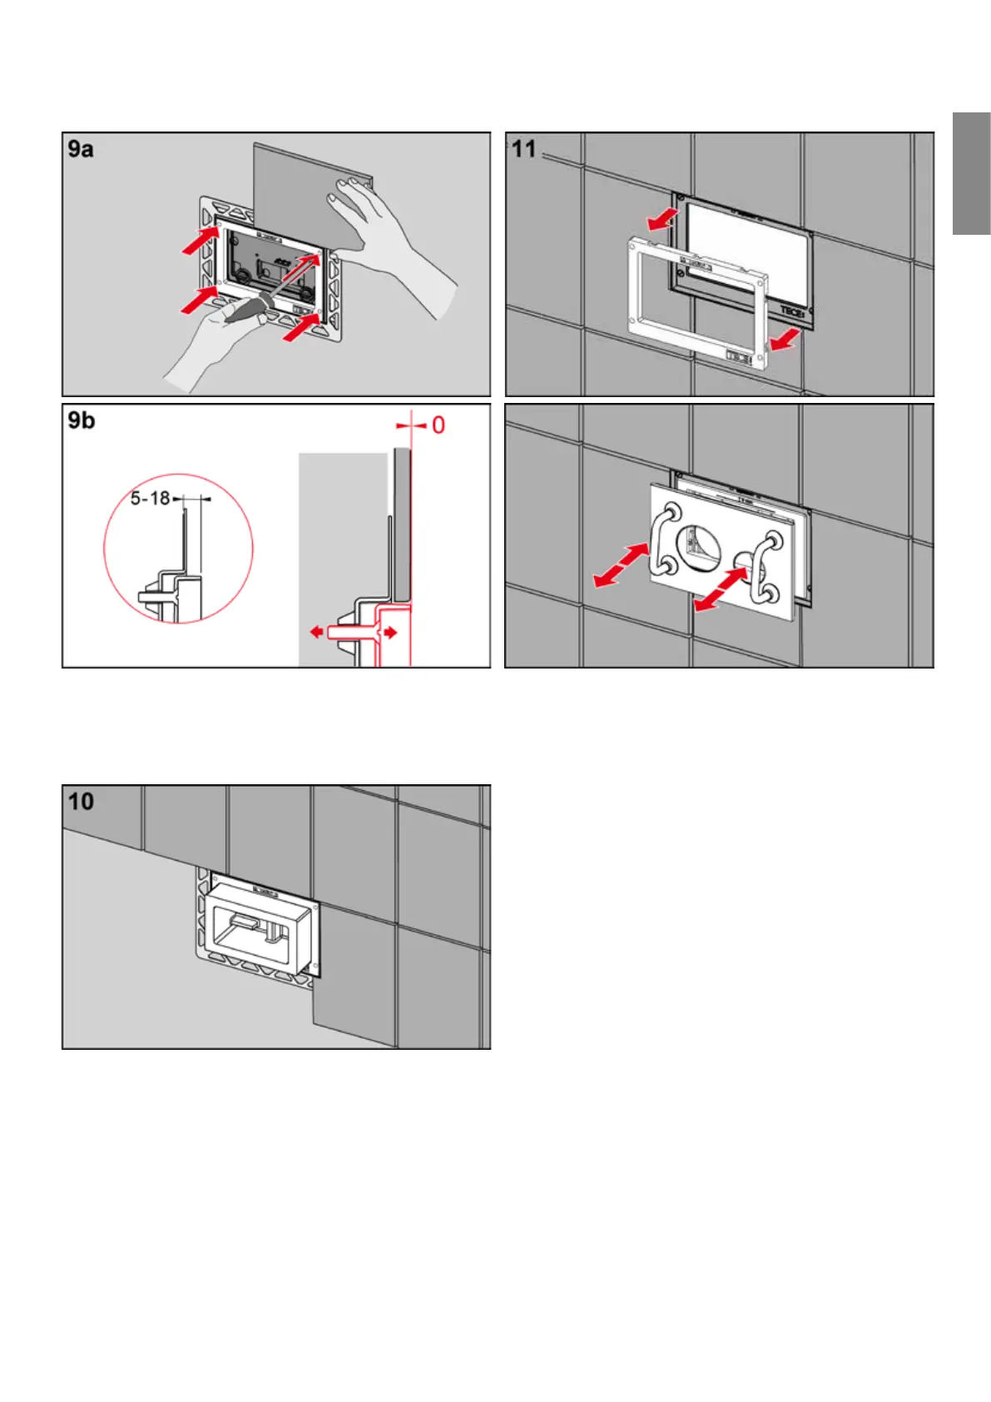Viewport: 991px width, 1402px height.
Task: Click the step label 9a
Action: (81, 149)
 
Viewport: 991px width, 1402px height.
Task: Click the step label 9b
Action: (82, 420)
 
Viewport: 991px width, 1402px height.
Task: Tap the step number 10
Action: (81, 802)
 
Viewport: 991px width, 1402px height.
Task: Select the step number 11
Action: (523, 149)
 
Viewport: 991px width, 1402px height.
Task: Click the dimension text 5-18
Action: (150, 499)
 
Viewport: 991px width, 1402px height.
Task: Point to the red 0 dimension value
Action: (438, 425)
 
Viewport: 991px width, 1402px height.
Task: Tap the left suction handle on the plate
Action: (665, 540)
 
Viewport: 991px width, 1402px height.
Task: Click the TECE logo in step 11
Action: (791, 313)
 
